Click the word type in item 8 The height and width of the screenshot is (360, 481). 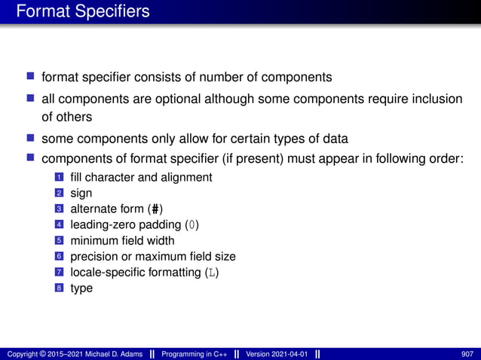(81, 288)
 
